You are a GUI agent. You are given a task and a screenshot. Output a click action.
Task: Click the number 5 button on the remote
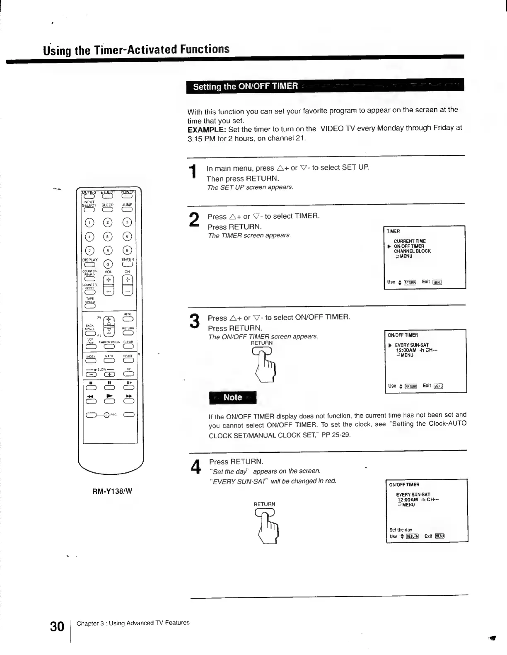[108, 237]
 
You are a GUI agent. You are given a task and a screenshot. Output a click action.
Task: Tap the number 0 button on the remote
[108, 264]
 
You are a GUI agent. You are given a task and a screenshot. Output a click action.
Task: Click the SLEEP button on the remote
[108, 209]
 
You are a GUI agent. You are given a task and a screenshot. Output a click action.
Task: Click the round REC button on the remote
[106, 415]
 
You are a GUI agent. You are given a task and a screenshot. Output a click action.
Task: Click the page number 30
[57, 626]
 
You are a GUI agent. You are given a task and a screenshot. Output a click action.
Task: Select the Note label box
[233, 397]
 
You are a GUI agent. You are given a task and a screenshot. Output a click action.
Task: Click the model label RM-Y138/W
[112, 491]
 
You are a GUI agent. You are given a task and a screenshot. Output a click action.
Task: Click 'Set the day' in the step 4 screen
[401, 530]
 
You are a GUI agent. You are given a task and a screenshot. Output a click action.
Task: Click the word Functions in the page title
[205, 49]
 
